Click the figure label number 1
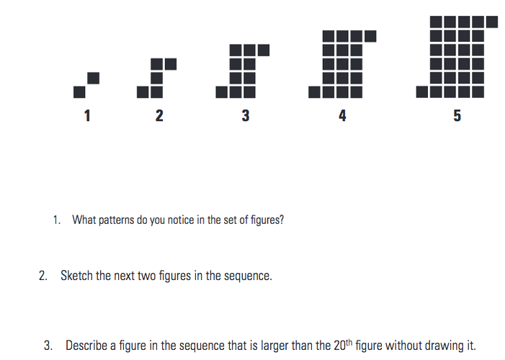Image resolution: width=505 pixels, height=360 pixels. [x=87, y=115]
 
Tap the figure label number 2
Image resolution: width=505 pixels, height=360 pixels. [x=159, y=115]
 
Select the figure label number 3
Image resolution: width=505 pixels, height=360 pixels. [x=246, y=115]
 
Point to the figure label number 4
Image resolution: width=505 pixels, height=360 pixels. [x=342, y=115]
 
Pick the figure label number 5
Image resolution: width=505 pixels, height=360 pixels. [x=457, y=115]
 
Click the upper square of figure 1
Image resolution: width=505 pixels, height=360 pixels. [x=93, y=77]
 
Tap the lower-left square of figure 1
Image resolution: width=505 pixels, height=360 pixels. [x=80, y=91]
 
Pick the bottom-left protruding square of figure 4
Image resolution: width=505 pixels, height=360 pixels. [x=315, y=91]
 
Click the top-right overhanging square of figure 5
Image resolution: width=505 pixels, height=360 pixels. [x=491, y=22]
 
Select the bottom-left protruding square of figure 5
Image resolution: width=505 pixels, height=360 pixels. [x=423, y=91]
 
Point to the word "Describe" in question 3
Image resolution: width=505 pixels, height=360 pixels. [x=86, y=345]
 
